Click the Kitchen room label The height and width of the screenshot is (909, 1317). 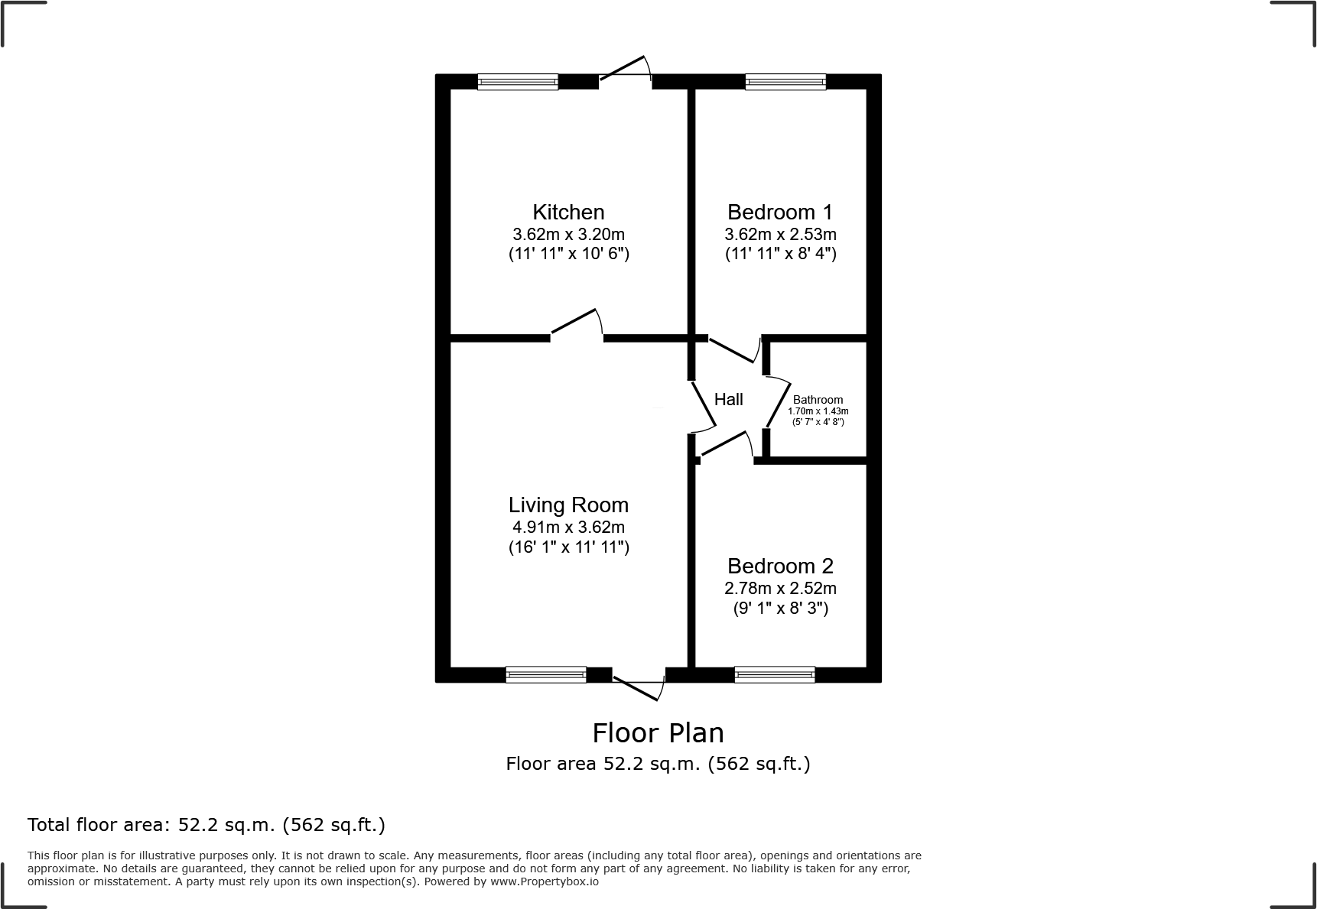click(x=568, y=212)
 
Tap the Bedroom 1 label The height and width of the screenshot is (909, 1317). click(x=780, y=212)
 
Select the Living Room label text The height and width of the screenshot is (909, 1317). click(x=568, y=505)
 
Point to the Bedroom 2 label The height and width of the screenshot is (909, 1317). click(x=780, y=566)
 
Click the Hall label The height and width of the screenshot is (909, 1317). click(x=728, y=399)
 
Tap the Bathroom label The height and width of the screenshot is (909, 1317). click(x=818, y=400)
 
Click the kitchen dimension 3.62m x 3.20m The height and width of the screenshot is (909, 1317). click(x=568, y=234)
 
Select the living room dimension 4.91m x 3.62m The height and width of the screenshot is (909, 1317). click(x=568, y=527)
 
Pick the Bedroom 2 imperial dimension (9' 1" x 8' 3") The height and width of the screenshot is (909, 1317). click(x=780, y=609)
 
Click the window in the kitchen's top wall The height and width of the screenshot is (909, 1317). click(x=518, y=82)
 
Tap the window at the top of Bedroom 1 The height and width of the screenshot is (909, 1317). click(x=785, y=82)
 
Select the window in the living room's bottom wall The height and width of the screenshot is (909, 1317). click(x=545, y=674)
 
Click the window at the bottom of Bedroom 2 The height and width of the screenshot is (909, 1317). click(x=774, y=674)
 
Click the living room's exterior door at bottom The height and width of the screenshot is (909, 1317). click(x=639, y=685)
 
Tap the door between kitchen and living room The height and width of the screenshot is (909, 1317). click(x=576, y=323)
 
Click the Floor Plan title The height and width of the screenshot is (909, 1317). click(x=658, y=732)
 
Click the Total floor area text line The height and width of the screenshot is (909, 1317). click(x=206, y=825)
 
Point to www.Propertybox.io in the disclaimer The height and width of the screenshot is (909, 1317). click(x=544, y=881)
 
